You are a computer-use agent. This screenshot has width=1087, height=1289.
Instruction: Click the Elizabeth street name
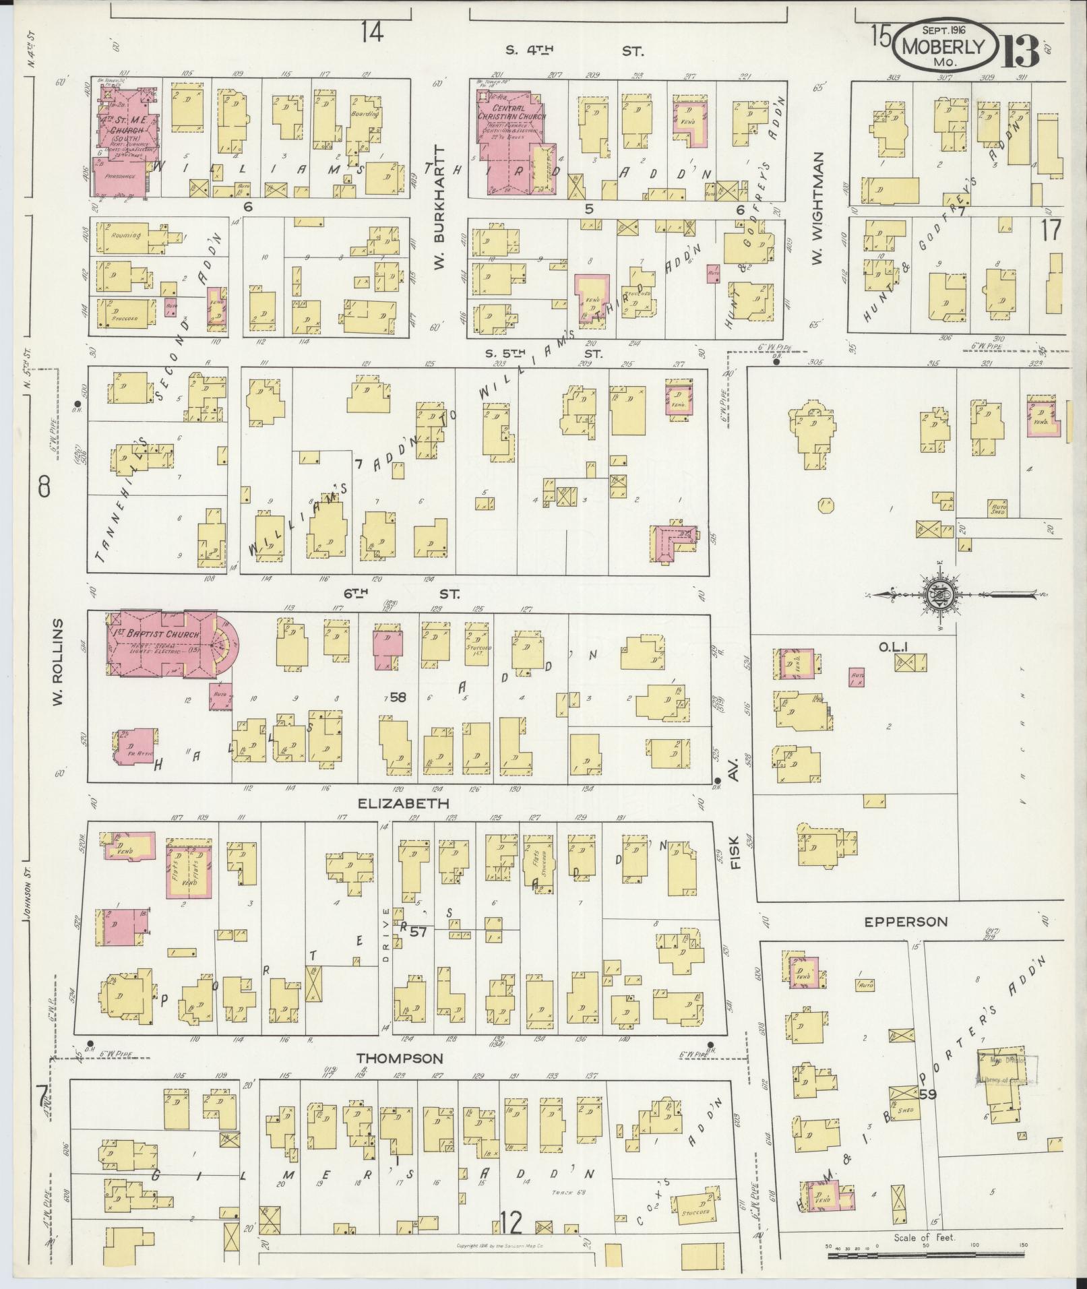pos(403,804)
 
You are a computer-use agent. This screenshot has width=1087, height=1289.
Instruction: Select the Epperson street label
pos(906,922)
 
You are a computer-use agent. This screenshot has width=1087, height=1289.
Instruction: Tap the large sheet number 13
pos(1020,49)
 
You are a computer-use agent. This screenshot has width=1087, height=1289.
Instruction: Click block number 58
pos(398,697)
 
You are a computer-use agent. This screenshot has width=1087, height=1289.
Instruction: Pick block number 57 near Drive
pos(418,932)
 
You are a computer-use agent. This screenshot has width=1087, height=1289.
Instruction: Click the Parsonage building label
pos(119,176)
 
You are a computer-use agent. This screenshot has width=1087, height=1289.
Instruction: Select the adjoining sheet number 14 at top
pos(371,32)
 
